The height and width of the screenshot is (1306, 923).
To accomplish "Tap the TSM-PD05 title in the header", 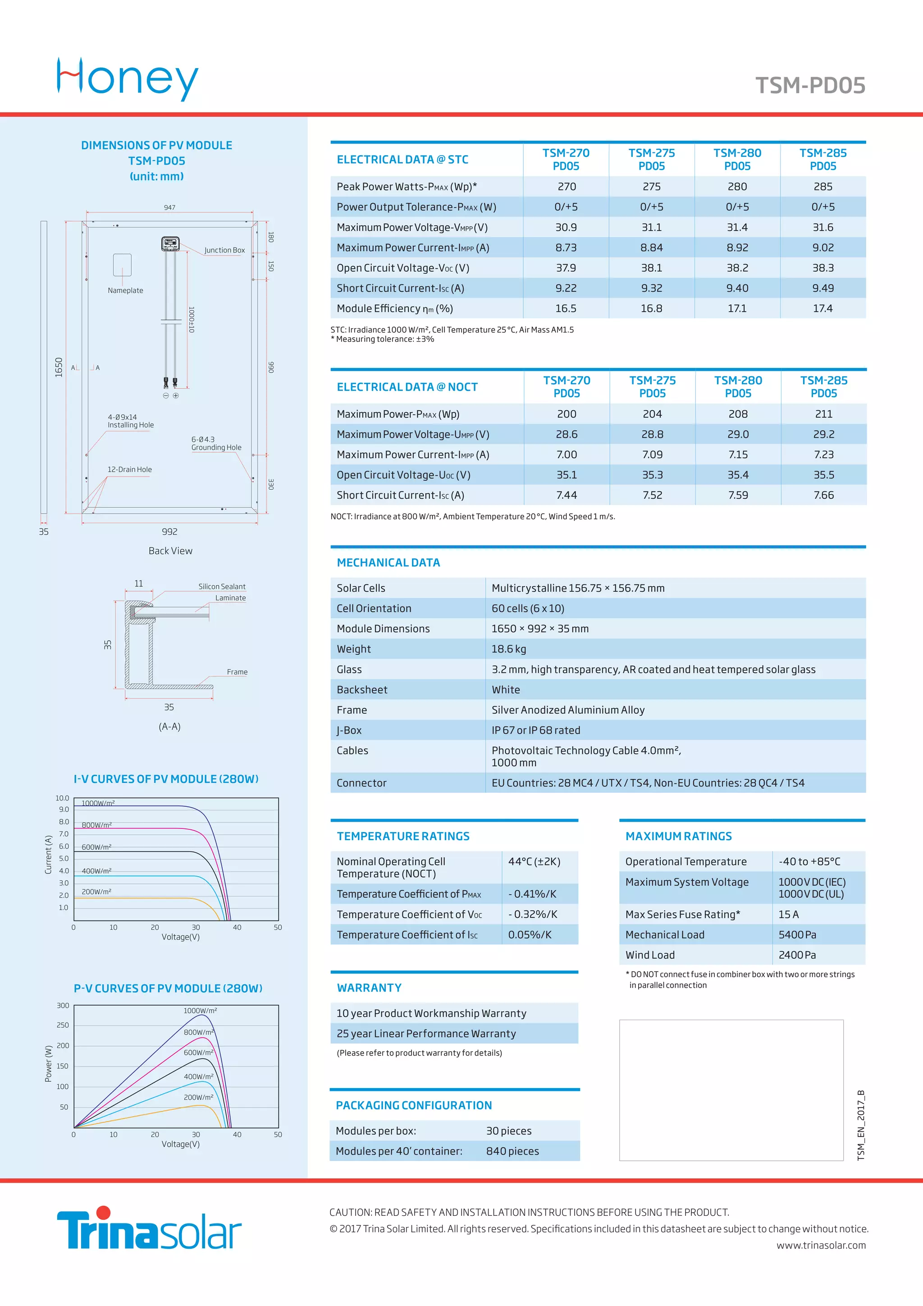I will [810, 85].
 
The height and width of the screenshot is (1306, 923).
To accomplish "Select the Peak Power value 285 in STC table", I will [822, 187].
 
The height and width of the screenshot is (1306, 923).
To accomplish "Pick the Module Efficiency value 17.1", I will [737, 308].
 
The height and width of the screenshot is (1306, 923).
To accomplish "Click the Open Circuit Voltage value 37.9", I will [566, 268].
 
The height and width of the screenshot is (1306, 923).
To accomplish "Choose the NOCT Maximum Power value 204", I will [652, 414].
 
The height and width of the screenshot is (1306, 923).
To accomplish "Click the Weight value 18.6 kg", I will [509, 649].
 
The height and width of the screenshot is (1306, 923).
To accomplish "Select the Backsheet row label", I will [362, 690].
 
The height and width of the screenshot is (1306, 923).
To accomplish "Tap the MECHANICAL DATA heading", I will [388, 562].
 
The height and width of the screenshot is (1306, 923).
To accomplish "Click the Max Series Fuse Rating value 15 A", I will [788, 914].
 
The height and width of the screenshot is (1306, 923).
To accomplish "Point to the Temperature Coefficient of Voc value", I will [532, 914].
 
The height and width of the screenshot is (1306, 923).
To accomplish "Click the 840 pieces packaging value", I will [512, 1151].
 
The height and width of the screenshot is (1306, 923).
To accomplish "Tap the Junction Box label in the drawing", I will [224, 250].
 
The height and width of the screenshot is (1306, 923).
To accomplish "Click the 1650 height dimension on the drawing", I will [59, 367].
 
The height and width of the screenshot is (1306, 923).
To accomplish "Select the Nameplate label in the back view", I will [126, 291].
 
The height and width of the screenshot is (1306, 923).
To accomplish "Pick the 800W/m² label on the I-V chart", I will [96, 825].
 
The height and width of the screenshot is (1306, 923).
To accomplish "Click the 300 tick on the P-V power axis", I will [63, 1006].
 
